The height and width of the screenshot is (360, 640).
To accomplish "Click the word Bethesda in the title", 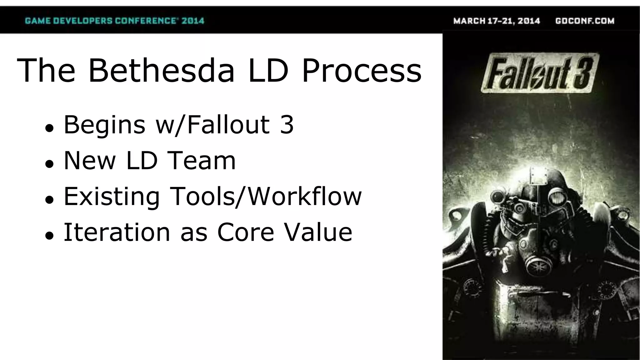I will [x=161, y=71].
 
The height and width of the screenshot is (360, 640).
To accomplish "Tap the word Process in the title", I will [x=362, y=71].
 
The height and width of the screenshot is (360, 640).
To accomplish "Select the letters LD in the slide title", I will [x=268, y=71].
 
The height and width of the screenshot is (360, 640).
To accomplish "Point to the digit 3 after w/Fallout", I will [x=287, y=124].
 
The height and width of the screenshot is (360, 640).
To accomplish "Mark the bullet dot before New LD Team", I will [x=49, y=163].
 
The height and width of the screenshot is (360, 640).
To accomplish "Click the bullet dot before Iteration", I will [x=49, y=235].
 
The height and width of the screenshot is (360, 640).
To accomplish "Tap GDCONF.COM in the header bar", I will [x=585, y=21].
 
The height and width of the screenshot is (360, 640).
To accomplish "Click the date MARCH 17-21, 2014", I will [x=497, y=21].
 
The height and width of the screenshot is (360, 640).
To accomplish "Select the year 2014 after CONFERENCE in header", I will [x=193, y=21].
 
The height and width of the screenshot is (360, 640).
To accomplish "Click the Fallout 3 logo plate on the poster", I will [x=540, y=74].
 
